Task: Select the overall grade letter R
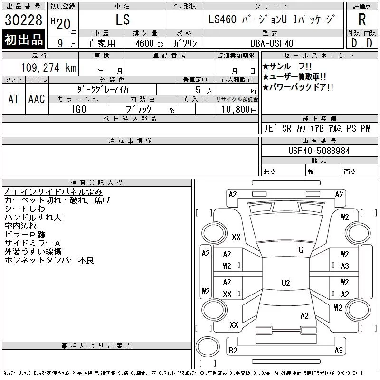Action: (362, 20)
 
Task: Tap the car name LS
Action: (122, 20)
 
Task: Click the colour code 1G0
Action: (78, 109)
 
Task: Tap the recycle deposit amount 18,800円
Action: (237, 109)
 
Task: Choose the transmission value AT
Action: (14, 99)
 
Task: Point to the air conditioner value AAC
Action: (37, 99)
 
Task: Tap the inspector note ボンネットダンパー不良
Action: (49, 260)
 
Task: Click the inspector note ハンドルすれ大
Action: (33, 217)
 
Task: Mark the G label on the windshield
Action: (300, 249)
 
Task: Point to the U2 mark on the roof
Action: (285, 283)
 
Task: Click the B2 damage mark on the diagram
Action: (233, 351)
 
